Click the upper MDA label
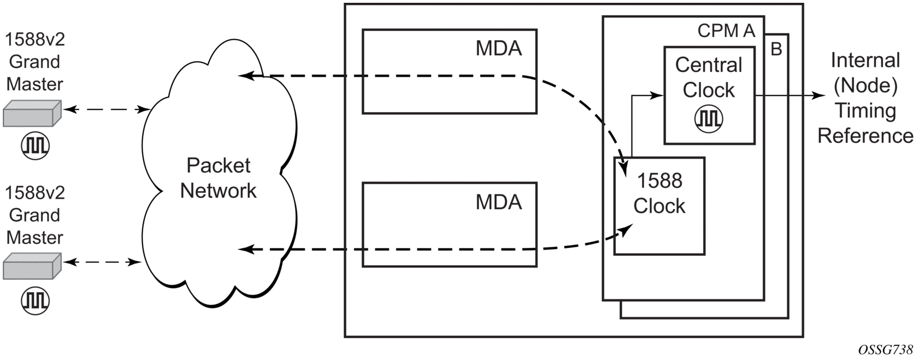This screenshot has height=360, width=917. coord(499,49)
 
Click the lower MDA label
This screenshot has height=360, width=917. coord(499,202)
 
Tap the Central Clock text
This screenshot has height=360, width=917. coord(708,77)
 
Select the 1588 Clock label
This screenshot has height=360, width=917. coord(659,193)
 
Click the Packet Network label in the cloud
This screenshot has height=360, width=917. coord(218,178)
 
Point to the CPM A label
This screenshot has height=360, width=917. coord(726,31)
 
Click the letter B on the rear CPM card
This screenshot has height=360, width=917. coord(776,49)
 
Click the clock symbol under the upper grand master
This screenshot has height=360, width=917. coord(35,145)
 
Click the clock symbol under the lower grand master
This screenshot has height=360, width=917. coord(35,300)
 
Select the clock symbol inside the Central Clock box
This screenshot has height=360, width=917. coord(709,118)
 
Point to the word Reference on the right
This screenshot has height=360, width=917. coord(865,136)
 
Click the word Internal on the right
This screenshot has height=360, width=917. coord(865,61)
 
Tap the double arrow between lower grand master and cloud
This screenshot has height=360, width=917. coord(102,261)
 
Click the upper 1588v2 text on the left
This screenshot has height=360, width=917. coord(35,39)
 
